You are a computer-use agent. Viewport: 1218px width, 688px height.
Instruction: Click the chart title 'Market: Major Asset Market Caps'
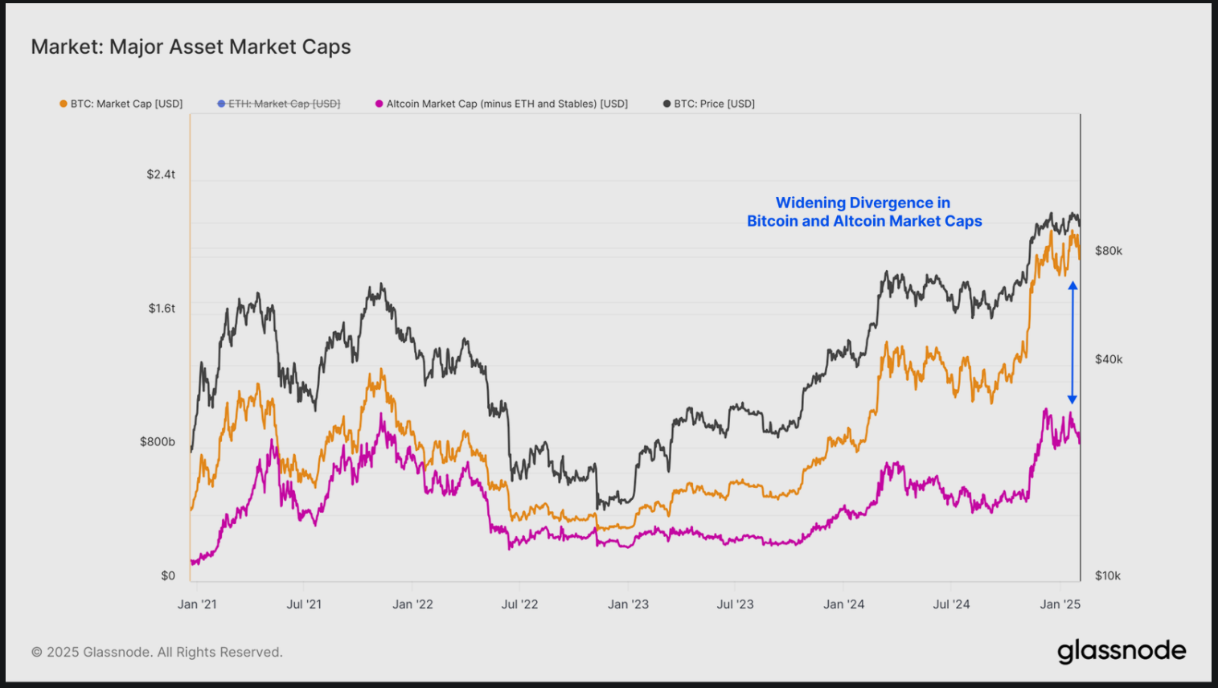click(x=191, y=47)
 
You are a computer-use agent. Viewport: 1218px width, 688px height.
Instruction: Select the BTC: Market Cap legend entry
click(x=121, y=104)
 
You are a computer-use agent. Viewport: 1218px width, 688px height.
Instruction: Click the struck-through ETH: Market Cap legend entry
click(x=279, y=104)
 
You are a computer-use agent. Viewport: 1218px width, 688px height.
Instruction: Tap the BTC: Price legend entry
click(x=709, y=104)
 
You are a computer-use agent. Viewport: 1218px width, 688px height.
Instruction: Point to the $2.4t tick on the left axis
click(x=161, y=174)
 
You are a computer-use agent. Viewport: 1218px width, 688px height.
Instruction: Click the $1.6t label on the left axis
click(x=161, y=309)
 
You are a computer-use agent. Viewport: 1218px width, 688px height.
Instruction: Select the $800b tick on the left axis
click(x=158, y=442)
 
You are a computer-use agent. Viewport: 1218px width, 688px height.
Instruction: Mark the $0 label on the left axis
click(x=168, y=575)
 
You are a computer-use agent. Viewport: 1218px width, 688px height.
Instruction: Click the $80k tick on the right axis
click(x=1109, y=251)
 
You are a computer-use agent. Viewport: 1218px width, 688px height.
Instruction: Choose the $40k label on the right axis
click(x=1109, y=359)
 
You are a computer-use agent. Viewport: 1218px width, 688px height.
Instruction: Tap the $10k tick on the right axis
click(x=1108, y=575)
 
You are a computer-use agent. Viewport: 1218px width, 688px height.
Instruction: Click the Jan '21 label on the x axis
click(x=197, y=604)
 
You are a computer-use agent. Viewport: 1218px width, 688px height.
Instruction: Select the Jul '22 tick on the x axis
click(x=519, y=604)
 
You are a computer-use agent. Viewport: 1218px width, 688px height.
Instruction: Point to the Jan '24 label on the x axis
click(x=843, y=604)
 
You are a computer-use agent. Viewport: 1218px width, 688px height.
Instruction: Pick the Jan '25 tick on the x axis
click(x=1060, y=604)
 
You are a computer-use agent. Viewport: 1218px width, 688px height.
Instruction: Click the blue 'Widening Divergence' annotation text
click(x=863, y=212)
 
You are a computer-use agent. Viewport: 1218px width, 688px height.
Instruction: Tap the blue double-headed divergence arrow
click(x=1072, y=342)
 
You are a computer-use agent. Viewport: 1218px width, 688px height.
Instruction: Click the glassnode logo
click(x=1122, y=651)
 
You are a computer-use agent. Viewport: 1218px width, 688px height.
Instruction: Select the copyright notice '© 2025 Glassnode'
click(x=157, y=652)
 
